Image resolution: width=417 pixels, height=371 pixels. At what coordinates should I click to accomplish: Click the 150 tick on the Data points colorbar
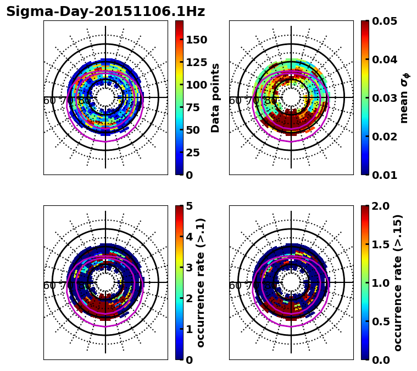pos(196,40)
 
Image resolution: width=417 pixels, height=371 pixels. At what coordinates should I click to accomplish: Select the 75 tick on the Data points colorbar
pos(193,107)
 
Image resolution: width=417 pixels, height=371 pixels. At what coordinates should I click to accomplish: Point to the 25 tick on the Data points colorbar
pos(193,152)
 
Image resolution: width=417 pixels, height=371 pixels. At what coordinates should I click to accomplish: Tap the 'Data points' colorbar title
pos(215,98)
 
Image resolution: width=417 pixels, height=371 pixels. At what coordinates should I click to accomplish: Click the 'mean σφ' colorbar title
pos(404,98)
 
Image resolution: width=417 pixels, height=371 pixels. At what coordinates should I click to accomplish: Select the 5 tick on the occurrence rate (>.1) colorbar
pos(190,206)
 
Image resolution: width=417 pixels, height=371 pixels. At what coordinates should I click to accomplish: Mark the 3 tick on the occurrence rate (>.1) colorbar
pos(190,268)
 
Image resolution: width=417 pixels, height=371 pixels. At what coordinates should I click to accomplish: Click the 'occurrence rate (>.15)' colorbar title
pos(398,282)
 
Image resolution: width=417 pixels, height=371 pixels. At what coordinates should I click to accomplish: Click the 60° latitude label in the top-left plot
pos(49,101)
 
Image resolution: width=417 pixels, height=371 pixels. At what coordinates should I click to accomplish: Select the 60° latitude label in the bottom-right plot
pos(235,286)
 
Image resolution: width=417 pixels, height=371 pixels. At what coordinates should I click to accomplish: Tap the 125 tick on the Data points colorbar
pos(196,62)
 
